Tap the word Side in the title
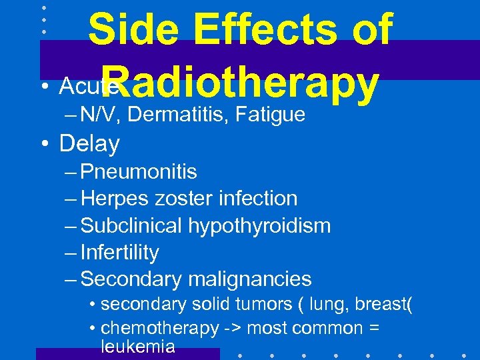pos(129,31)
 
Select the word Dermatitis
pos(176,115)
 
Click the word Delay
pos(89,143)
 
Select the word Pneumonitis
pos(139,172)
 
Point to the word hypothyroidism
pos(259,226)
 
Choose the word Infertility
pos(120,253)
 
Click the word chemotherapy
pos(159,328)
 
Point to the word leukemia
pos(138,346)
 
